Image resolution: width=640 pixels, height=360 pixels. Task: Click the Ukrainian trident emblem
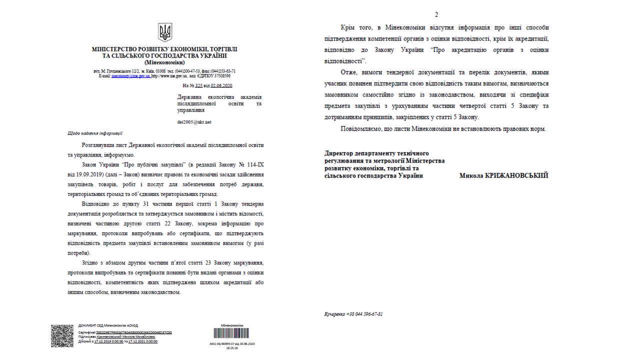point(164,32)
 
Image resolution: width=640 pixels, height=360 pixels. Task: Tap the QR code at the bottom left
point(62,336)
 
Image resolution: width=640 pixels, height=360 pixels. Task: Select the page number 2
point(436,14)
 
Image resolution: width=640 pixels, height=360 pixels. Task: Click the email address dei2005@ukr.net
point(194,122)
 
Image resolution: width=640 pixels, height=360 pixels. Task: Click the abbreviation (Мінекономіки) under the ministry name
point(164,62)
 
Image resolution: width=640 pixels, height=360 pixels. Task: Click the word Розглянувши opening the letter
point(99,144)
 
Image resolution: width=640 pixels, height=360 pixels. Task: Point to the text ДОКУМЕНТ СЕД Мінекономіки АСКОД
point(108,325)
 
